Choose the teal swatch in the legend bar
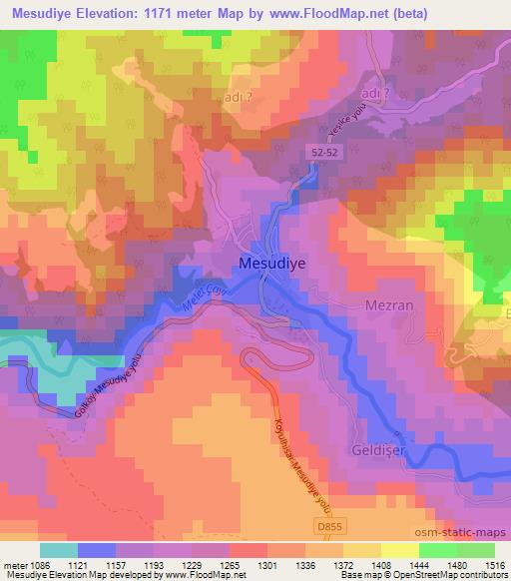coord(59,550)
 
